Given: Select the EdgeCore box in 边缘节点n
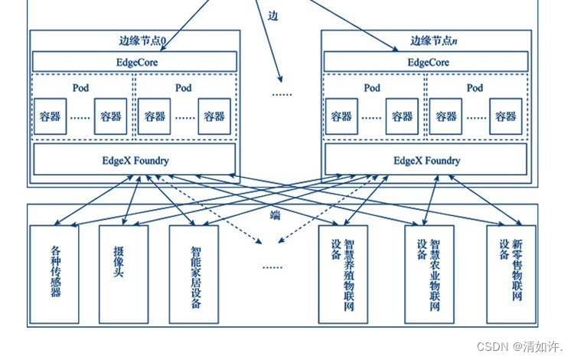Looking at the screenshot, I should click(x=426, y=61).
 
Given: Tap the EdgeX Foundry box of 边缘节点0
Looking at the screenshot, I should click(x=135, y=160).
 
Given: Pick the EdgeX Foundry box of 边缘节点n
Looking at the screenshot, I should click(x=426, y=160).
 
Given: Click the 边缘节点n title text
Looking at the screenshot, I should click(x=433, y=40).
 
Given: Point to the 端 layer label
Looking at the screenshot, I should click(x=275, y=215).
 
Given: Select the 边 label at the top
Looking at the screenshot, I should click(x=273, y=15).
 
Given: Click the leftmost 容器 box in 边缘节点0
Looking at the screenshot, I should click(x=50, y=116).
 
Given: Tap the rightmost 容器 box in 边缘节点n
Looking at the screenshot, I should click(x=504, y=116).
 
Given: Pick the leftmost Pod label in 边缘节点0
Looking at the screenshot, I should click(x=81, y=88).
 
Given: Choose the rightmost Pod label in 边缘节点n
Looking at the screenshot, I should click(x=475, y=88).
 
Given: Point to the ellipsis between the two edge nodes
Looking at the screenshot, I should click(x=282, y=93).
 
